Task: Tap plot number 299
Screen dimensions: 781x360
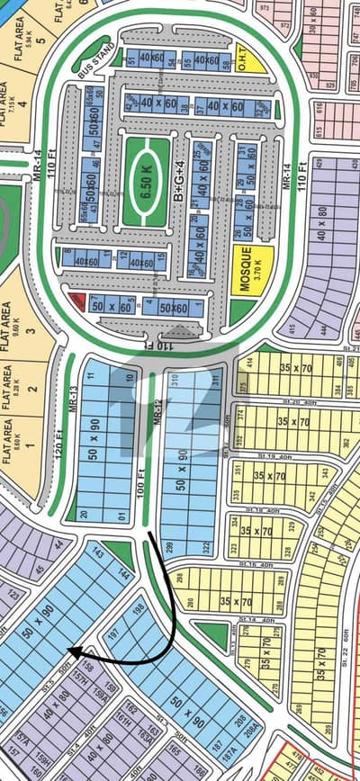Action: click(170, 547)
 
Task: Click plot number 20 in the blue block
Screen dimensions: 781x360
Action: click(84, 515)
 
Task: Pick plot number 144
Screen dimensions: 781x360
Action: click(122, 573)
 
